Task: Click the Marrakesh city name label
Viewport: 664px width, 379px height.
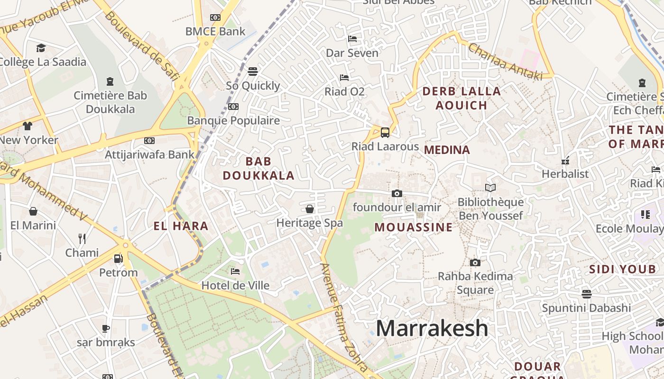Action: (x=432, y=328)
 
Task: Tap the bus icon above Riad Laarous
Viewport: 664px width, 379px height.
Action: (x=385, y=133)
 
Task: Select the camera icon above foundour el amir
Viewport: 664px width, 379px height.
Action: (x=397, y=193)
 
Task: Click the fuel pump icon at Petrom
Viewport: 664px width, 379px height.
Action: (x=119, y=259)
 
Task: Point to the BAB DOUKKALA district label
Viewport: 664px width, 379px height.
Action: (x=258, y=169)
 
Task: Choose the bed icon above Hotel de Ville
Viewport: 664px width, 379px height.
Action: (x=235, y=271)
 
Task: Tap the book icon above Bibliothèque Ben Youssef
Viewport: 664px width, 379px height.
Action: (x=490, y=188)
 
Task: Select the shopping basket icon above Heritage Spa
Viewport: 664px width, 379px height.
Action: (x=310, y=209)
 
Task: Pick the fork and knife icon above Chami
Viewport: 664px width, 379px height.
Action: (x=82, y=238)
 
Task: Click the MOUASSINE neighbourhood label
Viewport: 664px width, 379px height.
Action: (x=414, y=227)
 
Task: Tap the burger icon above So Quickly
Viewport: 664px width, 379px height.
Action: (x=253, y=72)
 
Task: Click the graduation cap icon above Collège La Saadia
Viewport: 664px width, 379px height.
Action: (x=41, y=48)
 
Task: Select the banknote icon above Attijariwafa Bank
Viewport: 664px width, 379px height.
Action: (x=149, y=141)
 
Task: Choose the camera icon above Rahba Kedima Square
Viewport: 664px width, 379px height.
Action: (x=475, y=262)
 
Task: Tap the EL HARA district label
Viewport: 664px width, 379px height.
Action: (x=181, y=226)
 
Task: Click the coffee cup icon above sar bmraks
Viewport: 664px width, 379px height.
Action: (x=106, y=328)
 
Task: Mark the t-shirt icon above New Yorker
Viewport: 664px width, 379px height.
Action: (x=28, y=126)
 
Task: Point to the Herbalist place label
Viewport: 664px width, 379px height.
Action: (x=565, y=174)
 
